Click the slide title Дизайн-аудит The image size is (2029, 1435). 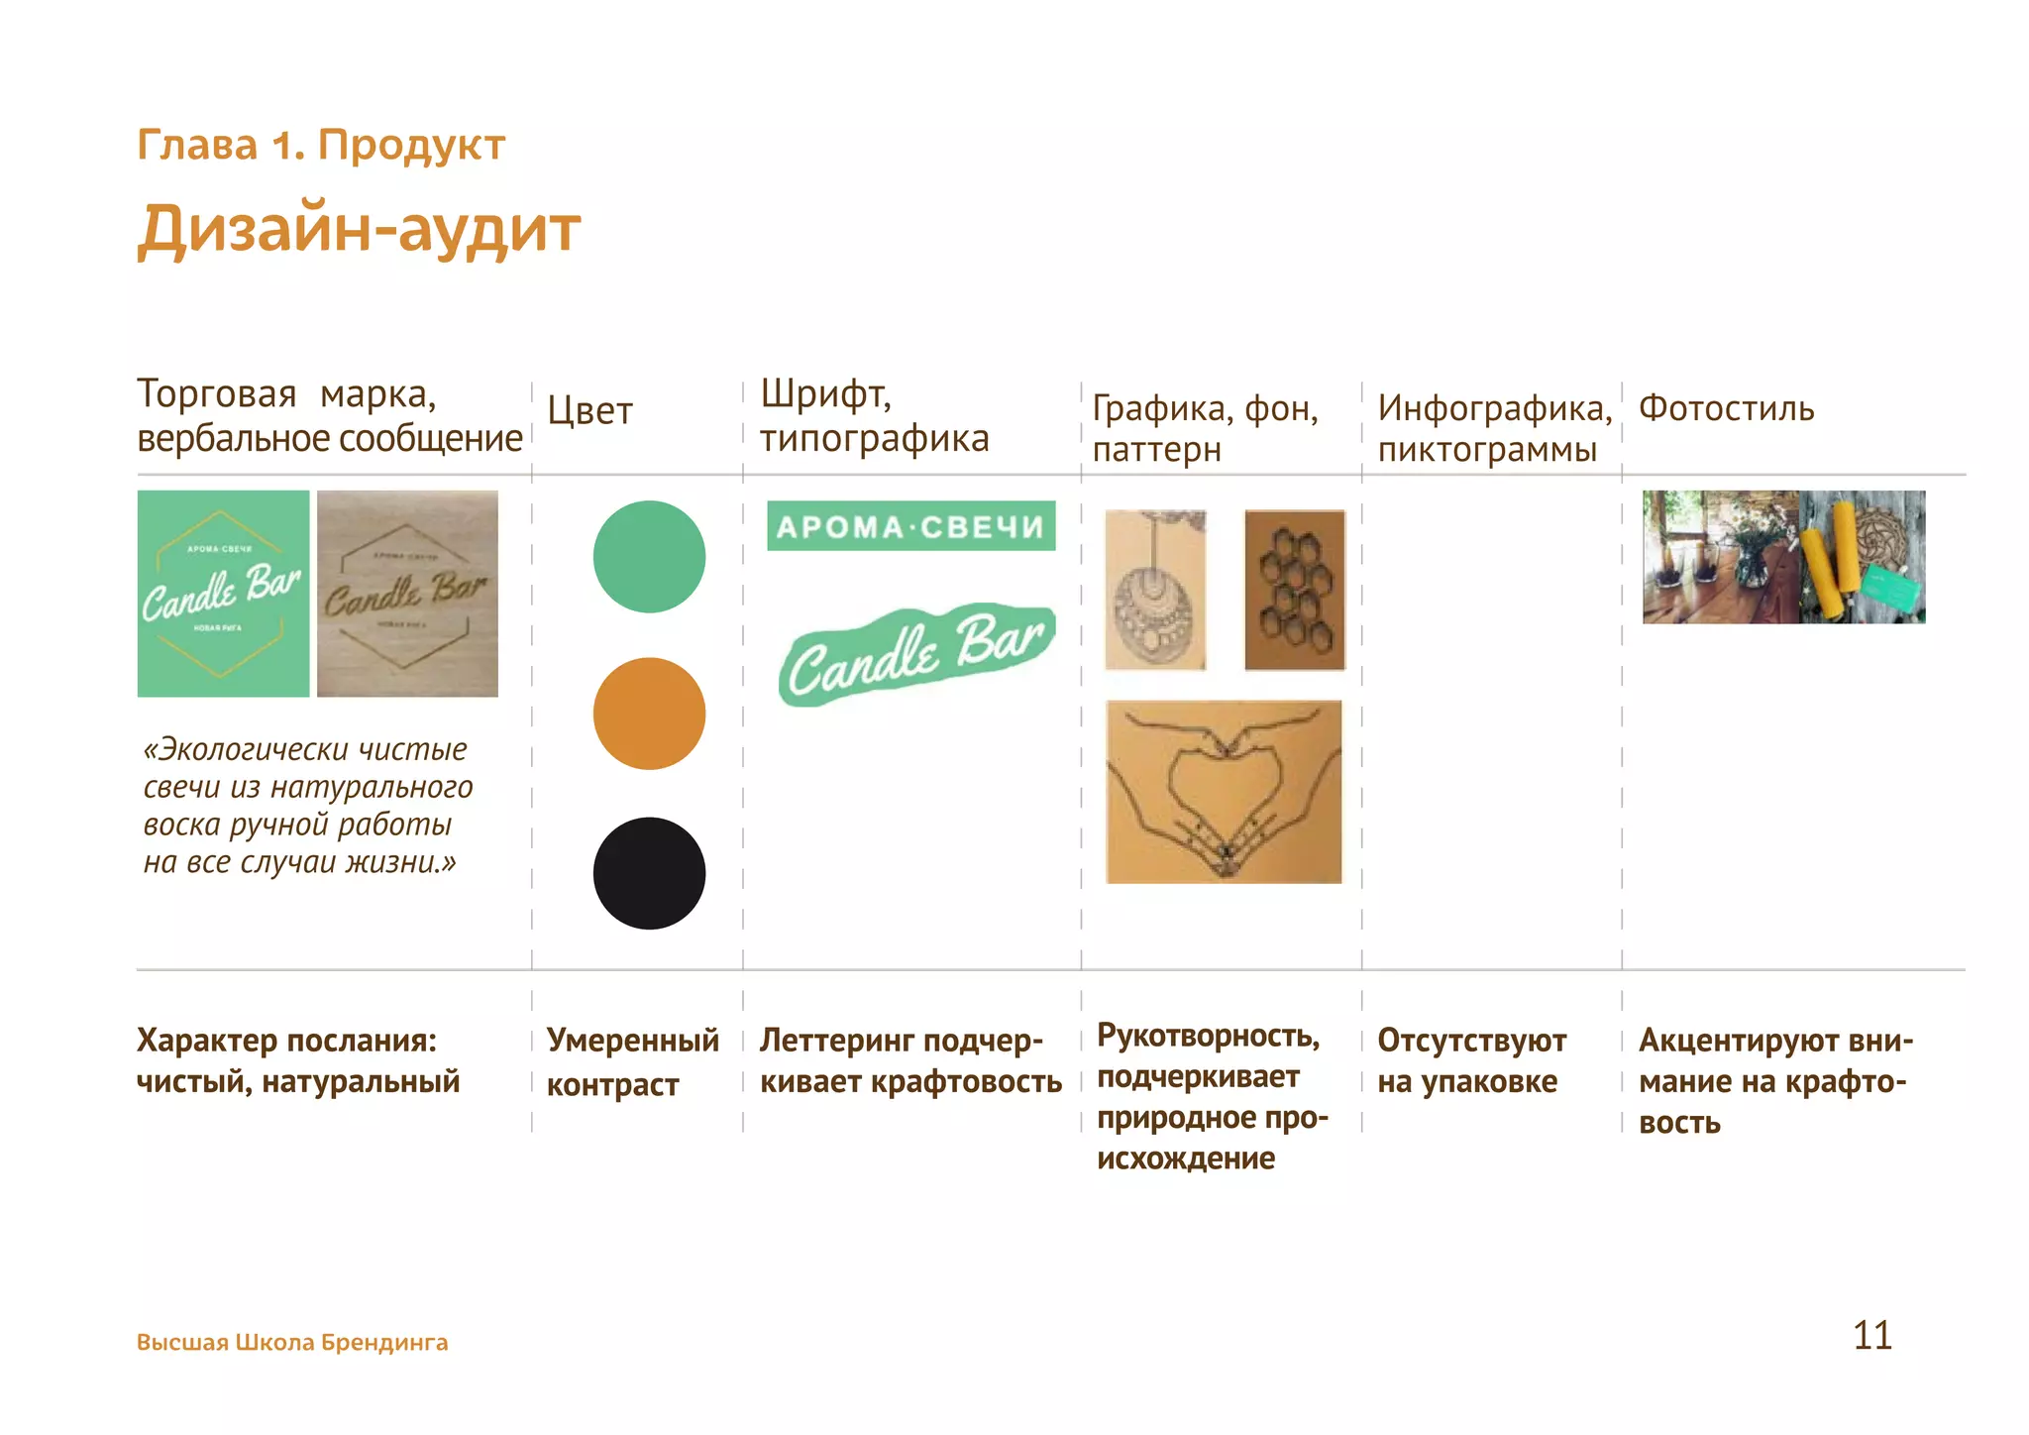click(359, 230)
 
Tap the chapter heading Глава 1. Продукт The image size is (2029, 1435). click(321, 145)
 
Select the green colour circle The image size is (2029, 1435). click(649, 557)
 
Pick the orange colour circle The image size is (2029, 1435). click(649, 714)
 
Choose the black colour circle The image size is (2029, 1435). click(649, 873)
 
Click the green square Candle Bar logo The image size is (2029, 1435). click(223, 594)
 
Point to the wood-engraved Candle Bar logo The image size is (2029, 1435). click(407, 594)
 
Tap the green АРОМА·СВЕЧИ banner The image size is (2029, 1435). click(910, 526)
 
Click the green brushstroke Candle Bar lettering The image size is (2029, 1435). click(916, 655)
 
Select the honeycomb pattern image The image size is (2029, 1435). click(1294, 590)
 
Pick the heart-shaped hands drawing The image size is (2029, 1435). click(1224, 792)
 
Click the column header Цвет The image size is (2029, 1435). click(589, 410)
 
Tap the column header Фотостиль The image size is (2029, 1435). click(1726, 408)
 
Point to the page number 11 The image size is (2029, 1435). click(1871, 1335)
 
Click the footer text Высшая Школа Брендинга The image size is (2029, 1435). click(292, 1343)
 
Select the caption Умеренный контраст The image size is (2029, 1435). click(632, 1062)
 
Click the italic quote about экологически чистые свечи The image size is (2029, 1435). click(307, 806)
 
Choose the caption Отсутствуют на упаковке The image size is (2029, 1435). click(1471, 1061)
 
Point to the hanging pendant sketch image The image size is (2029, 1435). click(1155, 590)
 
